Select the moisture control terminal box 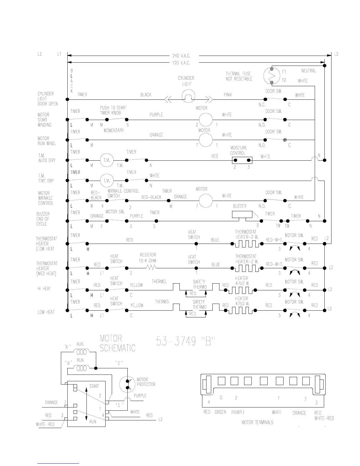click(242, 160)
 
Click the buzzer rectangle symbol click(242, 215)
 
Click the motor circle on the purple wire click(206, 120)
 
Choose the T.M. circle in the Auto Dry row click(106, 160)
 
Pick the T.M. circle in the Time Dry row click(106, 181)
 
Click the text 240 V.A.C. click(181, 56)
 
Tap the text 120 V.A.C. click(181, 63)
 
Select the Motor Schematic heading click(117, 344)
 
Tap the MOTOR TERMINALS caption click(257, 422)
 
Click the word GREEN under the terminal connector click(220, 412)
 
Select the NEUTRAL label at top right click(309, 71)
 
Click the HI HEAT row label click(44, 289)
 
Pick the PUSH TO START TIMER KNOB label click(113, 110)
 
